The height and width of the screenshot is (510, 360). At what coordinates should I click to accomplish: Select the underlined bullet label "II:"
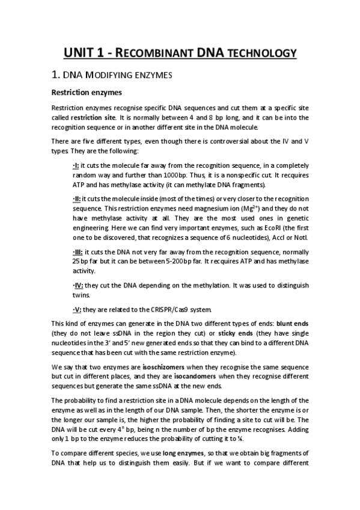click(x=77, y=198)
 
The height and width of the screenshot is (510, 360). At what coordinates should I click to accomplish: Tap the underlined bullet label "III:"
click(x=78, y=253)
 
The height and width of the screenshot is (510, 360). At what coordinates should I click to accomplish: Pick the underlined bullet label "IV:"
click(x=78, y=286)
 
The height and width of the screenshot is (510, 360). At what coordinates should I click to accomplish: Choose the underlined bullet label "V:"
click(x=77, y=310)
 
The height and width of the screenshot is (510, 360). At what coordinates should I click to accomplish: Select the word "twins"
click(x=81, y=295)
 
